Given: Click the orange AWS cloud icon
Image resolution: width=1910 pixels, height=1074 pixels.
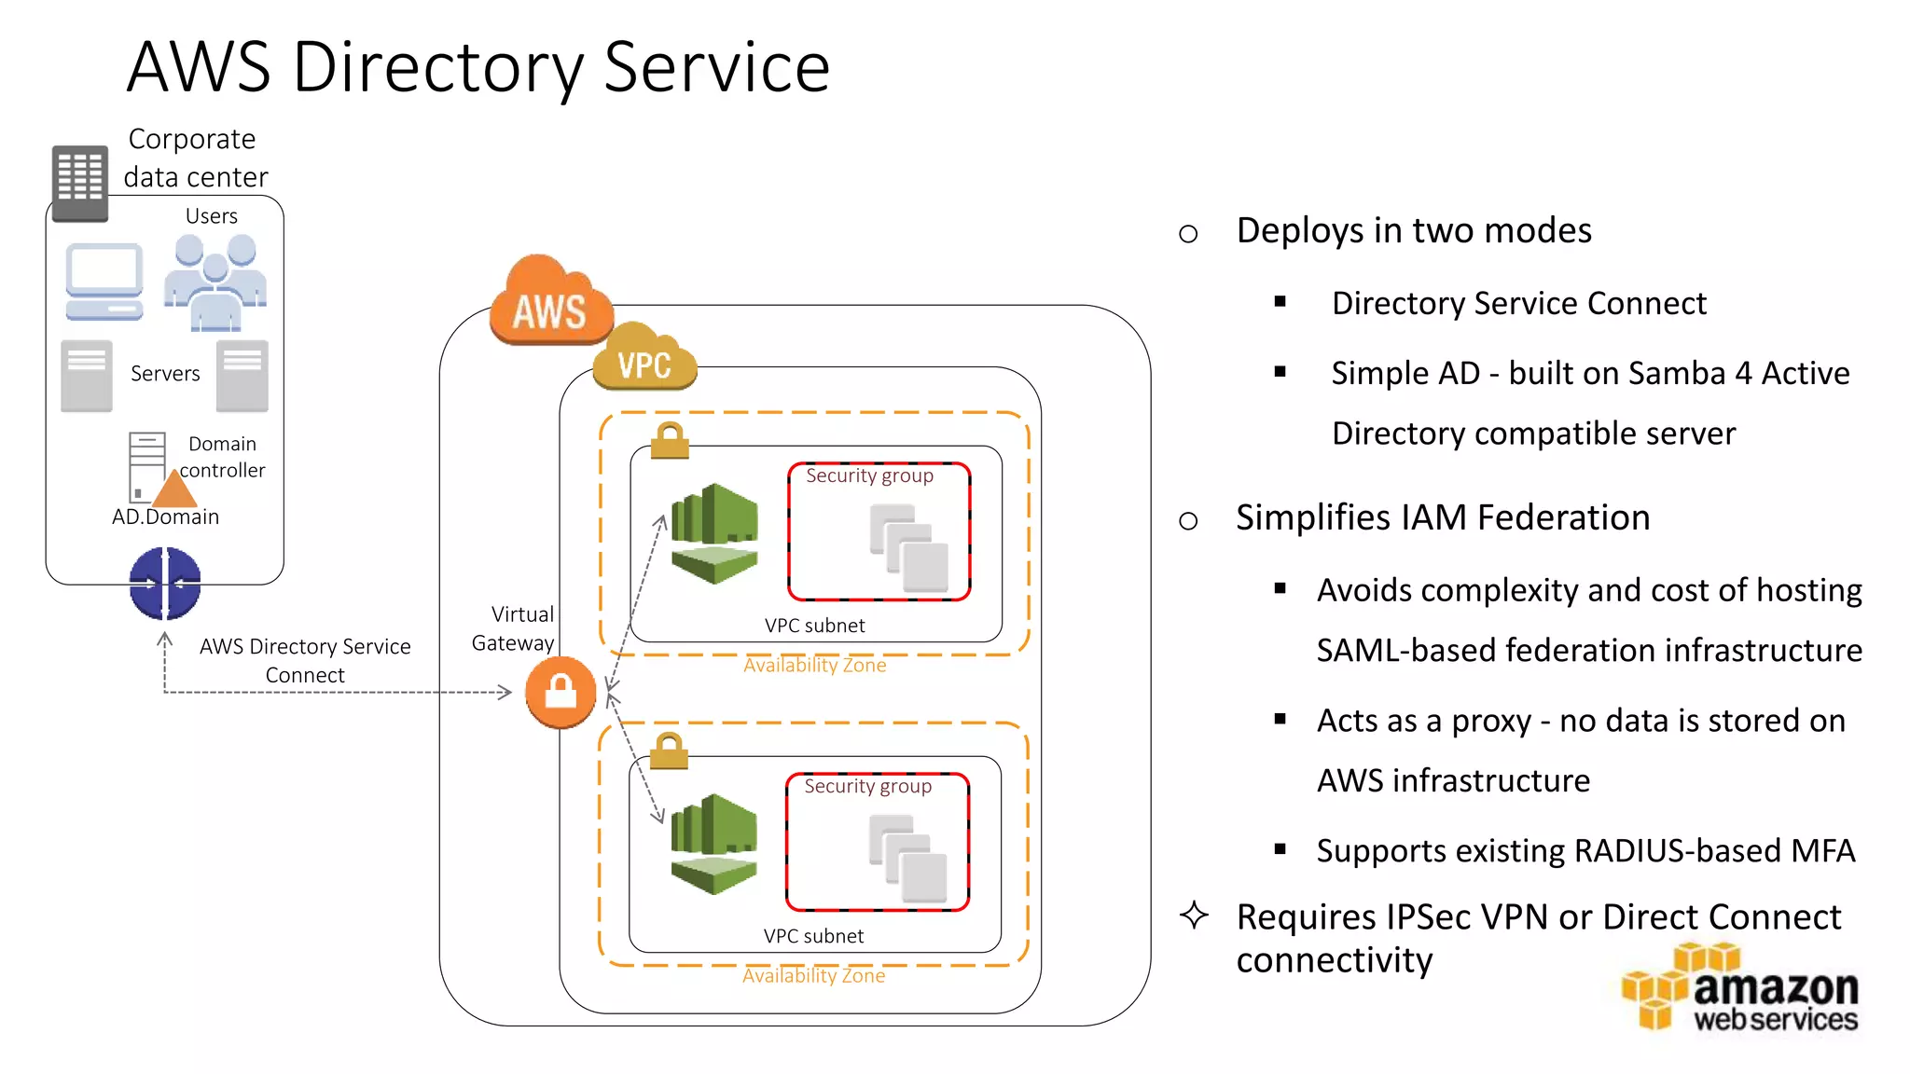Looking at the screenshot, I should pos(551,301).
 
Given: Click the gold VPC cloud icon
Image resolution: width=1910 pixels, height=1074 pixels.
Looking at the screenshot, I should pos(645,359).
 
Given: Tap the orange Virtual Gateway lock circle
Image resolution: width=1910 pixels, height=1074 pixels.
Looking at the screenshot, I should pos(561,693).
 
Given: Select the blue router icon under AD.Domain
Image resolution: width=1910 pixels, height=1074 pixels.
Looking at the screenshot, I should pos(165,584).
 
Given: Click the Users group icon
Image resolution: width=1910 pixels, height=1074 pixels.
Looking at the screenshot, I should pos(216,282).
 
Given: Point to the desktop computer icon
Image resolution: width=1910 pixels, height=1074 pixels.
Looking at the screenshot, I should pos(104,282).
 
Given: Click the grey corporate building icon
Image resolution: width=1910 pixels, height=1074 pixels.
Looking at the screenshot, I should pos(79,183).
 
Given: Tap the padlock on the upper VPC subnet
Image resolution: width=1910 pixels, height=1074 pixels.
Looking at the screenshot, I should pos(670,440).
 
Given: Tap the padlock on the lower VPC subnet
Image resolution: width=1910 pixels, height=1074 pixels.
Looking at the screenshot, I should pos(669,750).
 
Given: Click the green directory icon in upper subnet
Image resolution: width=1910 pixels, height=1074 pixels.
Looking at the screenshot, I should pos(714,533).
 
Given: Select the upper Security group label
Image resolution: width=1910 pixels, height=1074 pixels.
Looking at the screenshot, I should pos(869,475).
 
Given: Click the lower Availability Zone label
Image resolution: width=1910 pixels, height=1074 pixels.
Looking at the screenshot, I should pos(813,976).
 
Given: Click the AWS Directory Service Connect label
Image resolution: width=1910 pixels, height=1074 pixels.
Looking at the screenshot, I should pos(305,660).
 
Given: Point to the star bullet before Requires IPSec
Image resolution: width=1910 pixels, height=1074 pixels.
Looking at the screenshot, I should pos(1194,916).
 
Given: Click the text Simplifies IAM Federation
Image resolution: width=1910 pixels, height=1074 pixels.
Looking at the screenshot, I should pos(1442,517).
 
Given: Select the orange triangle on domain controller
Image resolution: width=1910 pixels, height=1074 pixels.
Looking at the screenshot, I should pos(174,490).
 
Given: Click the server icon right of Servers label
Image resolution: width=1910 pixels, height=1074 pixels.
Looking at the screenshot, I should pos(242,376).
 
